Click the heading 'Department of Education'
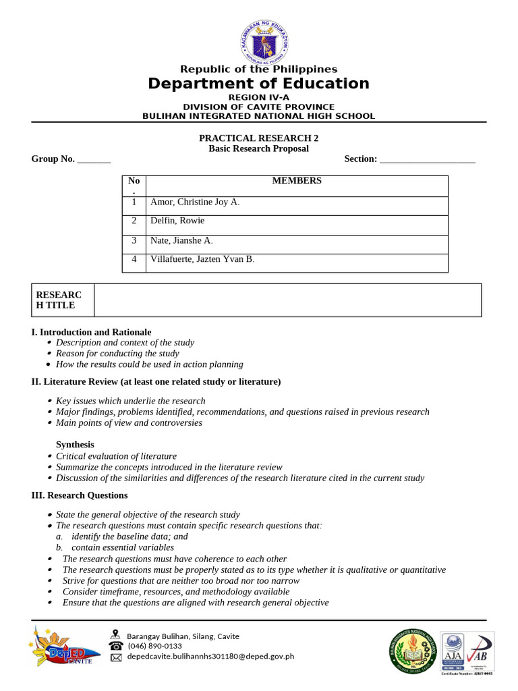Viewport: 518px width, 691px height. tap(259, 84)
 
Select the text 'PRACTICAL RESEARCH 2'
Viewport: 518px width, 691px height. tap(259, 138)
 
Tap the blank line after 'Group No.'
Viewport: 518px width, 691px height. tap(94, 160)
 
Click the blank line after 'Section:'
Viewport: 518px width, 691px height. tap(428, 160)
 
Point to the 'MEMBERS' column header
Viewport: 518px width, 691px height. tap(297, 181)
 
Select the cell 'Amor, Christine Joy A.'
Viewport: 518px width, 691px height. tap(195, 202)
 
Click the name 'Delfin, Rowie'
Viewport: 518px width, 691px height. tap(177, 221)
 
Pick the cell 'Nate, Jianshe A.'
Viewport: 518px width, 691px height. tap(181, 240)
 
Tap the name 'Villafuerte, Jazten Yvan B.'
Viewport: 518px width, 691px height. tap(202, 259)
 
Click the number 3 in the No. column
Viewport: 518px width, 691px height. tap(134, 240)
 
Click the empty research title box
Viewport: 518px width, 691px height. tap(287, 300)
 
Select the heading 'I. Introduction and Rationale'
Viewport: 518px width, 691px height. tap(92, 332)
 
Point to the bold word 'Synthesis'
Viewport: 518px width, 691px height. tap(75, 445)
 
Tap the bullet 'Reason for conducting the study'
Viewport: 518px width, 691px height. tap(117, 354)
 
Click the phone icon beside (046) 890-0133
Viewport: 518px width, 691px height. tap(115, 646)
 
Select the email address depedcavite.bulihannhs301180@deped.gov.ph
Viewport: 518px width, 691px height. tap(210, 656)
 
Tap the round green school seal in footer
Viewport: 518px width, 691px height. tap(411, 651)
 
